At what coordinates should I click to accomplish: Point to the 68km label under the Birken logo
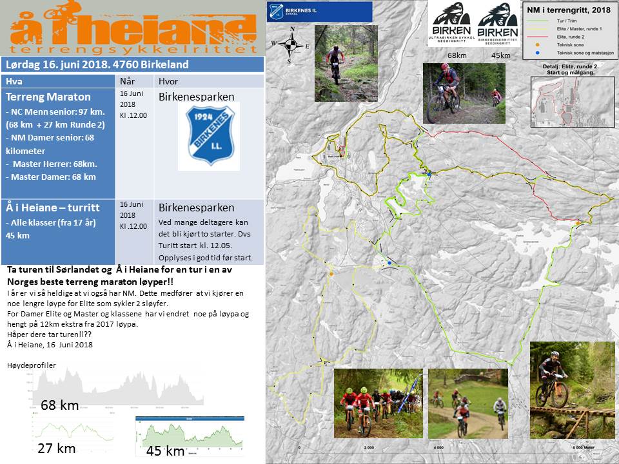click(x=457, y=55)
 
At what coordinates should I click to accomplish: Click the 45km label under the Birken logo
click(x=500, y=55)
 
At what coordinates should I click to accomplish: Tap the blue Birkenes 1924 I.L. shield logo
click(x=208, y=135)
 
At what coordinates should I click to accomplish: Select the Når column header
click(x=128, y=81)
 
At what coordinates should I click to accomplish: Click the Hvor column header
click(x=167, y=81)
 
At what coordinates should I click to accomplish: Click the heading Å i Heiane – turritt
click(x=53, y=208)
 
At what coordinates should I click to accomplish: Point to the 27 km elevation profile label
click(x=57, y=448)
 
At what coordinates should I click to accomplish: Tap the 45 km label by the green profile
click(x=166, y=450)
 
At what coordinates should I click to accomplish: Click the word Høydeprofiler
click(x=32, y=365)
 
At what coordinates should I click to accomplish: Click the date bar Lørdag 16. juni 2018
click(x=97, y=64)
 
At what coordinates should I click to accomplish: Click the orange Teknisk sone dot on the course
click(x=331, y=274)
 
